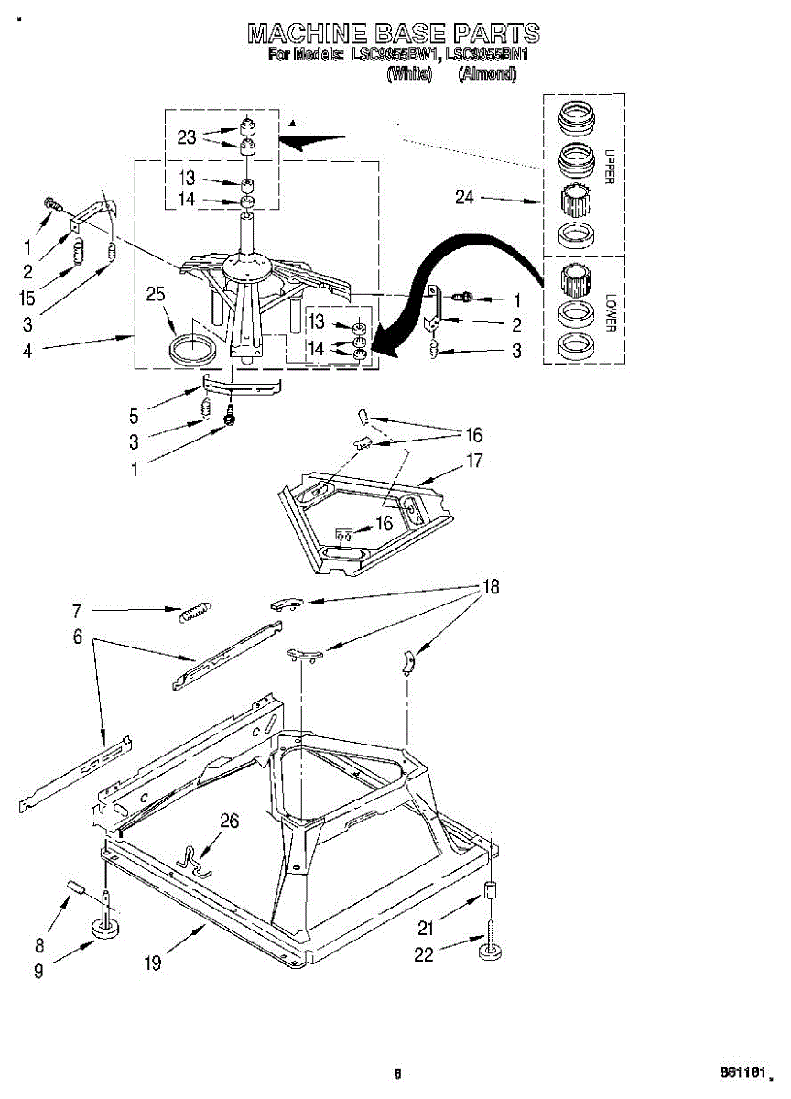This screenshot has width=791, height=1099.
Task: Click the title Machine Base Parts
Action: point(394,34)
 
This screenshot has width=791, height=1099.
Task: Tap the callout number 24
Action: point(465,196)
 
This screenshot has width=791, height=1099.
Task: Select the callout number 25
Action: point(157,294)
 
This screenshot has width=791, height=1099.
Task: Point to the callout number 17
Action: point(473,461)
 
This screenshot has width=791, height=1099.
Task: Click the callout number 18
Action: point(491,587)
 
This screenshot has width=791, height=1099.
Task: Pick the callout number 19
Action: point(153,963)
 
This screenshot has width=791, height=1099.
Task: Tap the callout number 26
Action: point(229,821)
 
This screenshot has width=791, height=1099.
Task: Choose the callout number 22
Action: point(424,954)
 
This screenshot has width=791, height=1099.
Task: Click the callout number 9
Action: point(38,973)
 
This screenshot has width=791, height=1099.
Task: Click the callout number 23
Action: point(187,137)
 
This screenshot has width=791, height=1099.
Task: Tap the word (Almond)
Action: point(487,75)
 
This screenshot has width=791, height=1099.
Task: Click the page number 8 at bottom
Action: point(397,1074)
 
